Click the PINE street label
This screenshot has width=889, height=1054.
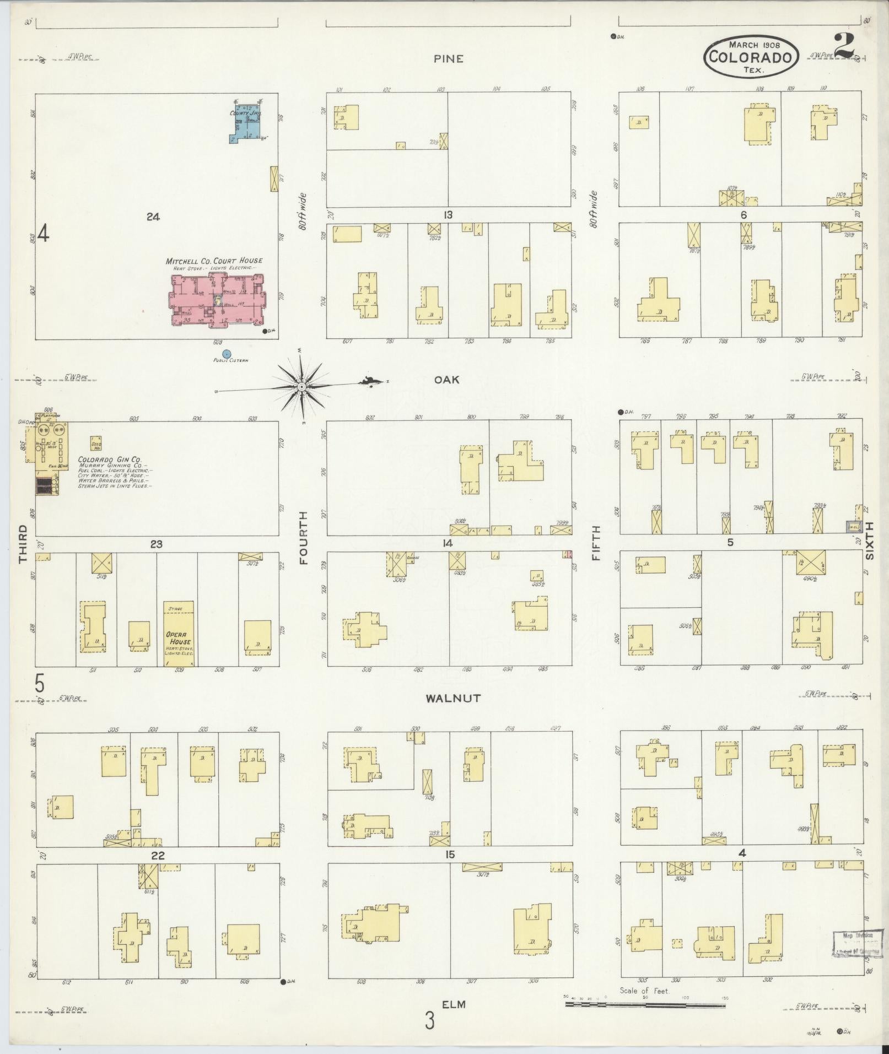click(x=448, y=59)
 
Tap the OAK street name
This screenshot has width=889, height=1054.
click(x=446, y=380)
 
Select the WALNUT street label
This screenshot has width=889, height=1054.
click(x=453, y=698)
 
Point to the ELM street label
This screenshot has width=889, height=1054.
click(x=454, y=1004)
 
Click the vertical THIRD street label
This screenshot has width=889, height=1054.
click(x=23, y=544)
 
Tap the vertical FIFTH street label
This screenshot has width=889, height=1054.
click(x=595, y=543)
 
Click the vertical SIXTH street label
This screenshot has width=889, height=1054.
click(x=870, y=541)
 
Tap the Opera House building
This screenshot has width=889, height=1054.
click(x=179, y=634)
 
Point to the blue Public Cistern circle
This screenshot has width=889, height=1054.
click(x=225, y=354)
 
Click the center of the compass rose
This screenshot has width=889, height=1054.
click(x=301, y=387)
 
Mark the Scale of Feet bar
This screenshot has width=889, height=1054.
click(x=645, y=1004)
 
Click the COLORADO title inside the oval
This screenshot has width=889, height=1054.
click(x=750, y=57)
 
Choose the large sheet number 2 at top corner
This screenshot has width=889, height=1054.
click(x=844, y=45)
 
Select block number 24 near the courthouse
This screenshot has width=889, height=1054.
click(x=153, y=217)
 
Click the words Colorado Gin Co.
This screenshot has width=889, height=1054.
click(x=110, y=460)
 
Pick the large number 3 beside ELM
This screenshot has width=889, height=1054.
click(x=429, y=1020)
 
